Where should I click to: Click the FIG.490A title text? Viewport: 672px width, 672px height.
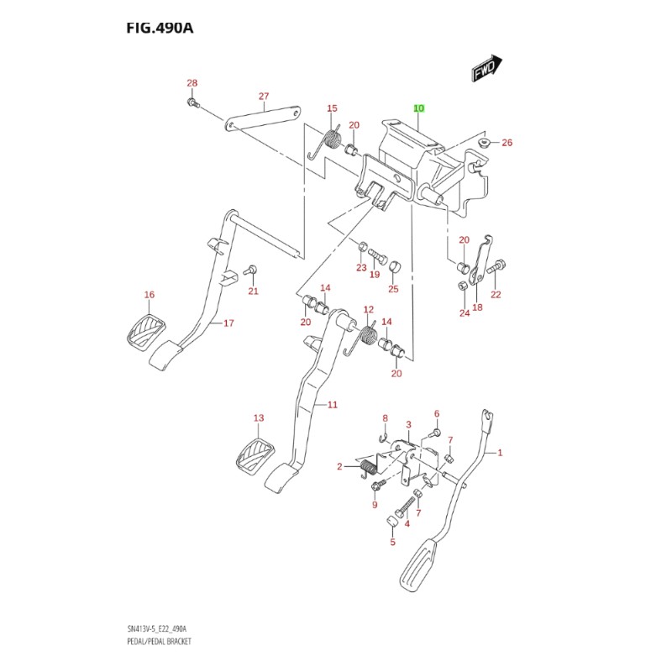click(x=160, y=29)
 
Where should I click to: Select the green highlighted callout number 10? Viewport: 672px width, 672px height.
click(x=418, y=109)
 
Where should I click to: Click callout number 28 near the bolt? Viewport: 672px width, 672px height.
click(x=192, y=83)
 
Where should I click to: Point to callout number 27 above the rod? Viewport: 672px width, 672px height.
click(x=263, y=96)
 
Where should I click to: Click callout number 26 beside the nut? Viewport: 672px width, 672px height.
click(x=507, y=143)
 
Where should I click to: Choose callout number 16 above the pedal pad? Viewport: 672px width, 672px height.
click(x=150, y=295)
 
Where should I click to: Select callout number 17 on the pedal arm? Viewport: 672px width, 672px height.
click(x=228, y=323)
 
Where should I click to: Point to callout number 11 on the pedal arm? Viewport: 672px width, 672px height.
click(x=332, y=405)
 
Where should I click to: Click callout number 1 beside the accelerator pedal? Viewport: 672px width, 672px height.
click(x=499, y=453)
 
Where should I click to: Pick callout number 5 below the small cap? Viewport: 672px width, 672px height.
click(x=391, y=543)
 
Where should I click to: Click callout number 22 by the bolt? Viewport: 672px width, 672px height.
click(x=496, y=294)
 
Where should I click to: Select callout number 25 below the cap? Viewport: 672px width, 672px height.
click(x=392, y=289)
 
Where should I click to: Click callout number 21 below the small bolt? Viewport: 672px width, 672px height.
click(x=253, y=291)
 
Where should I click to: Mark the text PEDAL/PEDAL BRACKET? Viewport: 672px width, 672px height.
click(x=160, y=641)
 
